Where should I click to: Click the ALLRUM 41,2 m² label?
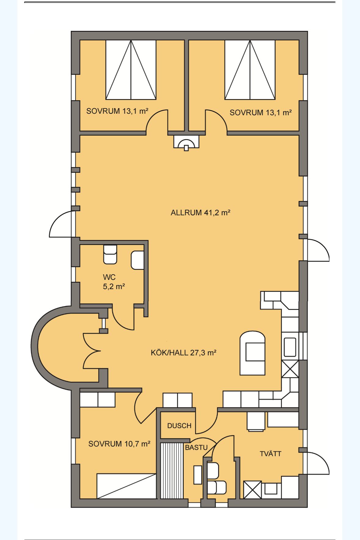tap(200, 212)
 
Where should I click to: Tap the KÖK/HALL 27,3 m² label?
tap(184, 353)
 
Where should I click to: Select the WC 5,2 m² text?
tap(114, 282)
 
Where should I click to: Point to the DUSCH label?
tap(179, 426)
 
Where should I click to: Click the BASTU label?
tap(196, 447)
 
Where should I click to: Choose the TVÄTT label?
tap(271, 454)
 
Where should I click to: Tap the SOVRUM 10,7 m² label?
tap(119, 444)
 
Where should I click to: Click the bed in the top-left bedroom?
tap(131, 70)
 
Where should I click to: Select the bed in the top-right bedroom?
tap(250, 70)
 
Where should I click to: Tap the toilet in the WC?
tap(110, 254)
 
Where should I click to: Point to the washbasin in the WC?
tap(137, 260)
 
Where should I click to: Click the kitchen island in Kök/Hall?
tap(253, 353)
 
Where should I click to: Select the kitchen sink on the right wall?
tap(290, 347)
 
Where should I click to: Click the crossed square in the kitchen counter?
tap(290, 369)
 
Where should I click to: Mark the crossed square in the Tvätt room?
tap(253, 490)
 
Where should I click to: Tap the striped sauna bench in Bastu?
tap(172, 471)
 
